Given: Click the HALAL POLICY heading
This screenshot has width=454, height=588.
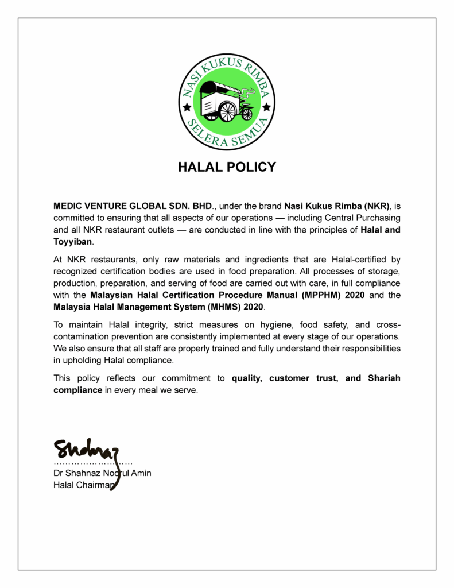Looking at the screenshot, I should (227, 167).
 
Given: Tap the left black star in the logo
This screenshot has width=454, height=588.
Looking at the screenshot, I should (186, 107).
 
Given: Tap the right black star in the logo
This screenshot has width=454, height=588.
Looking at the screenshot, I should (266, 107).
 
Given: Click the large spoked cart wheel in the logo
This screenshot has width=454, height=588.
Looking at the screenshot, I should (227, 111).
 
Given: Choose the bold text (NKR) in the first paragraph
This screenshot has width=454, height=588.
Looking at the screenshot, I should (378, 205).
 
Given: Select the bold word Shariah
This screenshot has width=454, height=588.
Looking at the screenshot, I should (383, 378).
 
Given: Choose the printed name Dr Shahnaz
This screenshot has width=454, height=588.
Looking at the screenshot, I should (77, 473).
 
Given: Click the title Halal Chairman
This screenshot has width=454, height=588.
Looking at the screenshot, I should (84, 485).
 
